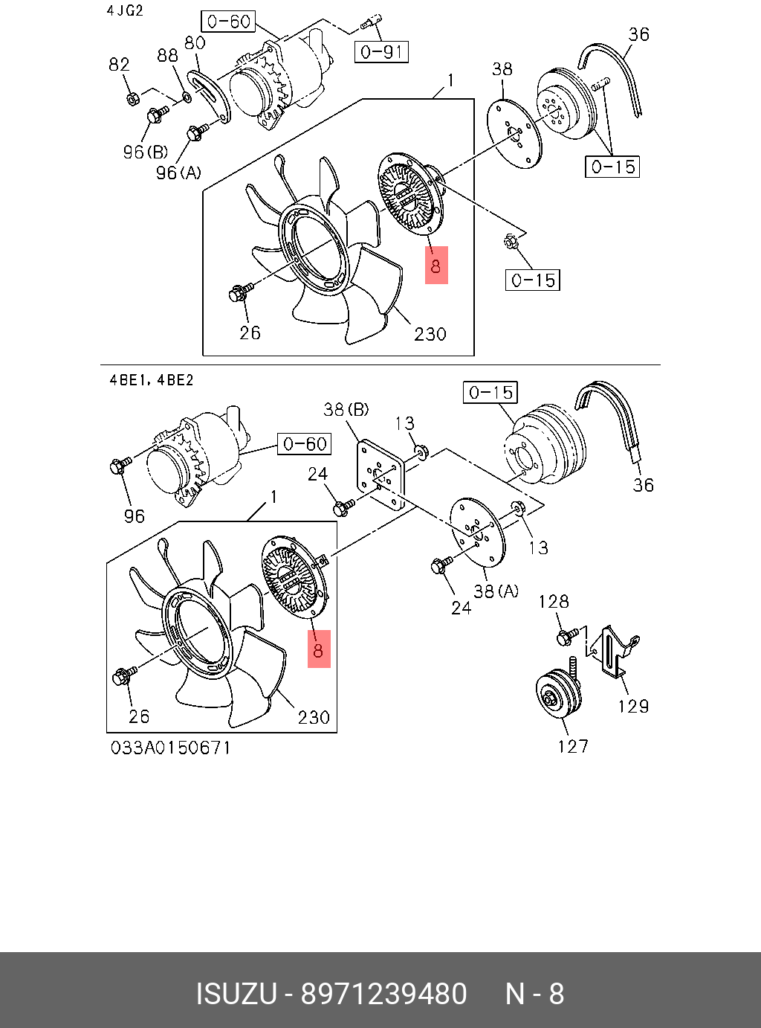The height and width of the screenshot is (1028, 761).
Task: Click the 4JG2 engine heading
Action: tap(125, 11)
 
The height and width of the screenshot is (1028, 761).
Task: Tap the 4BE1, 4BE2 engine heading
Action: tap(152, 380)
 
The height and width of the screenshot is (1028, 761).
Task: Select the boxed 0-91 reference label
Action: tap(381, 51)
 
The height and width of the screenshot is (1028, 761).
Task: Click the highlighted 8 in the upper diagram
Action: tap(436, 266)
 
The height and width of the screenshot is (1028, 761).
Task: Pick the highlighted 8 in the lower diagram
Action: tap(319, 649)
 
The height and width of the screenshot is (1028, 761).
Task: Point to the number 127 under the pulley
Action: tap(573, 746)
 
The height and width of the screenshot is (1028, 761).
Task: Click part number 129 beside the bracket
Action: tap(633, 706)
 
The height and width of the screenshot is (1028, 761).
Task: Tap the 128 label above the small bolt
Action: tap(554, 601)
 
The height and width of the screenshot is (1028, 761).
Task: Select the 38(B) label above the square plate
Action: tap(346, 409)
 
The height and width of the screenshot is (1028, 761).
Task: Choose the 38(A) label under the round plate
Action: tap(496, 591)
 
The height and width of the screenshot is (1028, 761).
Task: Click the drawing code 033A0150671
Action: tap(171, 748)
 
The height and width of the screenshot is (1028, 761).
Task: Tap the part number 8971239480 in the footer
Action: tap(383, 995)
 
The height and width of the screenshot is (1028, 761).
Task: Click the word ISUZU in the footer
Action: tap(236, 995)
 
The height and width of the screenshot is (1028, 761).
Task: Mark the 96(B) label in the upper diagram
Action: tap(146, 152)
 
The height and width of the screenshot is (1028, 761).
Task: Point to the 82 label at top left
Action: tap(119, 65)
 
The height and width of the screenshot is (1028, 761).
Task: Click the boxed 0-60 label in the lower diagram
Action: tap(305, 444)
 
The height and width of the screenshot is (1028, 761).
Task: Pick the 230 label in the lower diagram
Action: tap(314, 717)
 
